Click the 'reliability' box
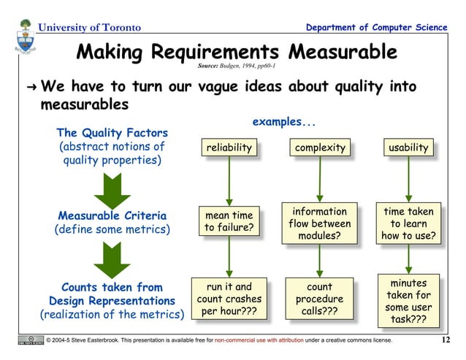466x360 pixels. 229,148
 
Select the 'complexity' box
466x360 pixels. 320,148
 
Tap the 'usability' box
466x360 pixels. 408,148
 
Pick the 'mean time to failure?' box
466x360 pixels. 229,222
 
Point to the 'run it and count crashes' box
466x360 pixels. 229,299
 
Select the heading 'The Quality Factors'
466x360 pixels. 112,133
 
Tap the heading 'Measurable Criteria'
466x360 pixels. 112,216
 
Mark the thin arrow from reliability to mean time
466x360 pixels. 229,181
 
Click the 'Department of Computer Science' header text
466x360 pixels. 377,28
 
